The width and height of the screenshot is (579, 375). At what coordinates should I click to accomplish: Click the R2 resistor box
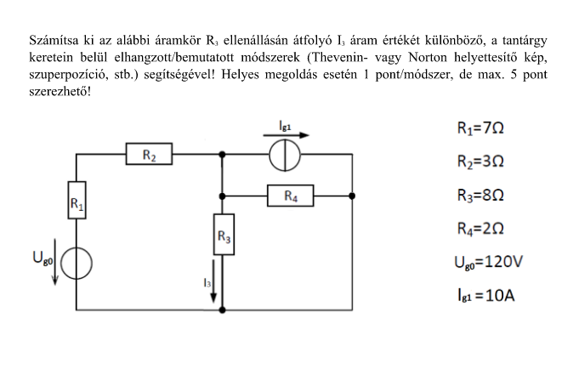(149, 156)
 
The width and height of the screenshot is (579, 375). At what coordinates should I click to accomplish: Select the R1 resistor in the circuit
(77, 202)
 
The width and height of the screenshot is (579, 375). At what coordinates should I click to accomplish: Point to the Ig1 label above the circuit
(286, 123)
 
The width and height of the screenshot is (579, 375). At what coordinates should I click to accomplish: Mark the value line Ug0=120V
(488, 261)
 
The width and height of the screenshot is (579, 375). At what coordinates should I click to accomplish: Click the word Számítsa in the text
(54, 39)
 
